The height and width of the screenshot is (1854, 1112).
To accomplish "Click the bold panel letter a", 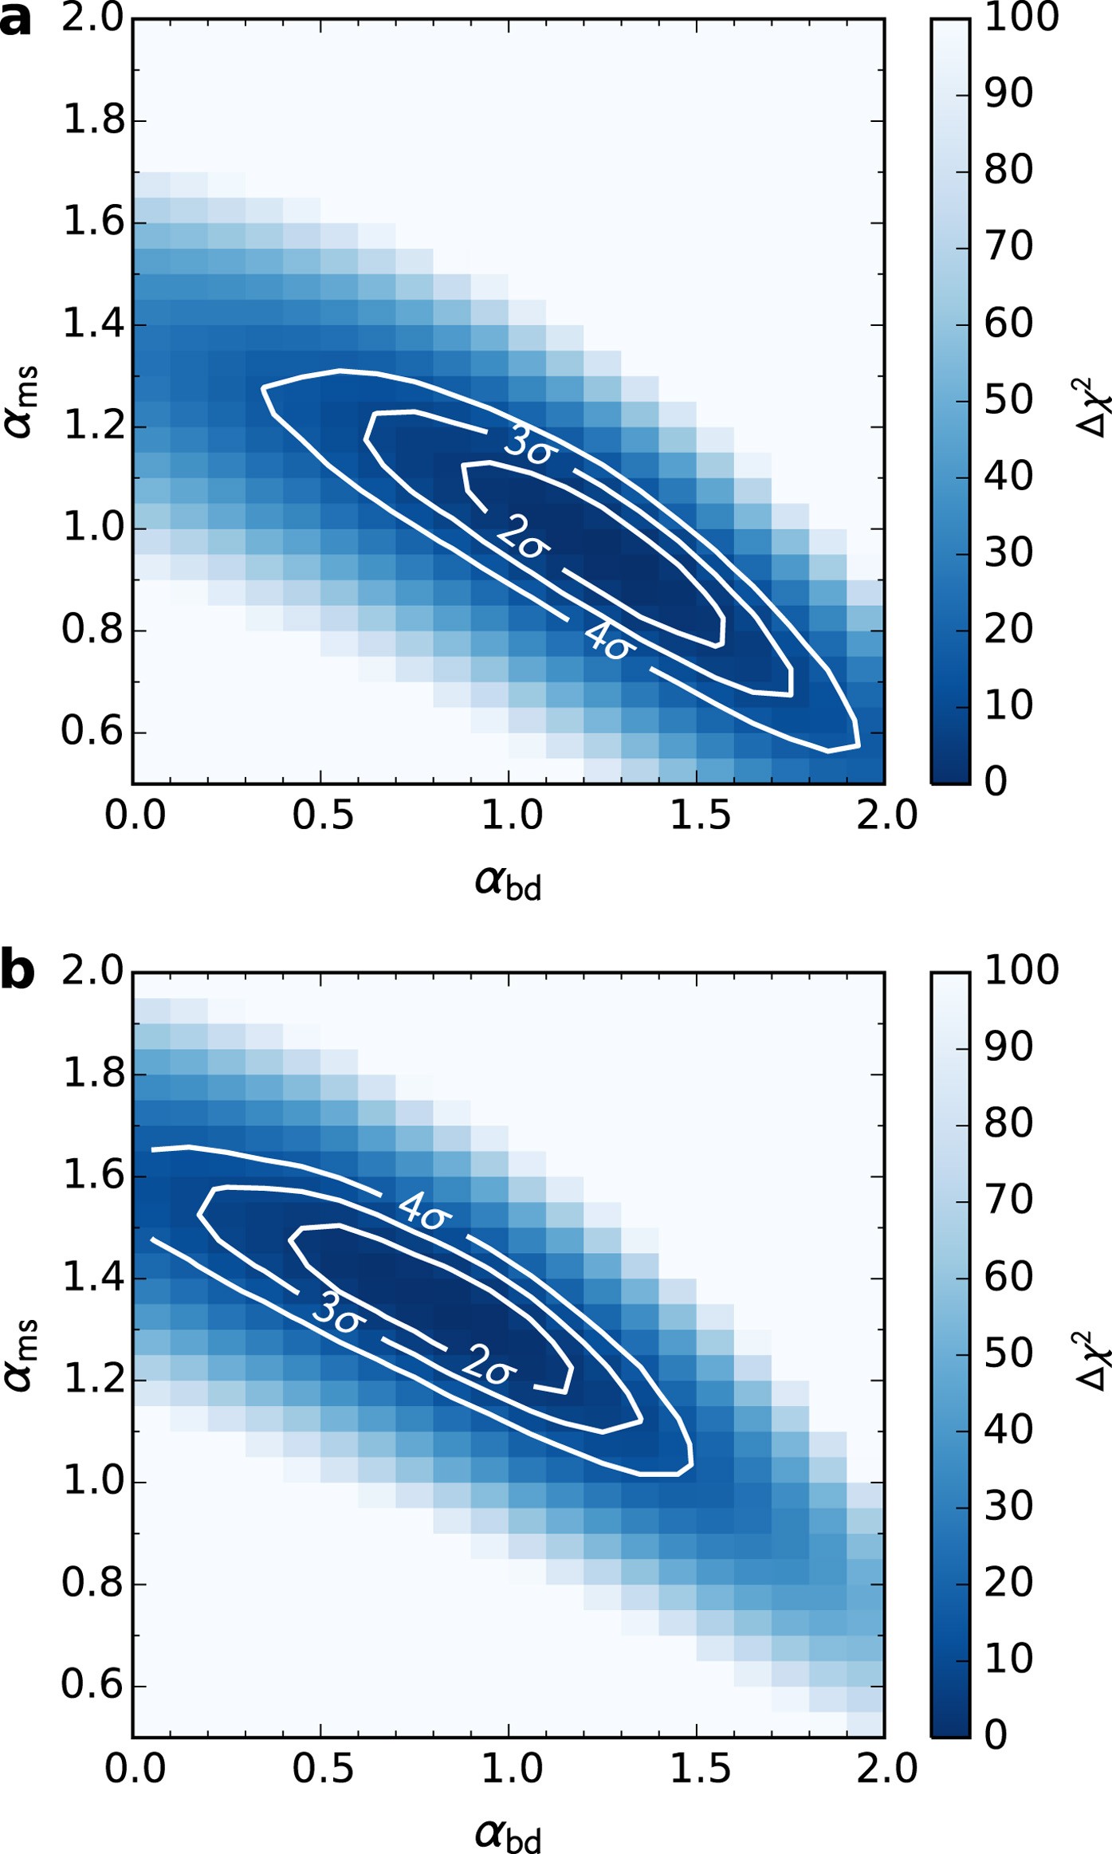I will pos(16,20).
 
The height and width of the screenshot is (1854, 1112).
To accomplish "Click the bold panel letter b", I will pos(18,971).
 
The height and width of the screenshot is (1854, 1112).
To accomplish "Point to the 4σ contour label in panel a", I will pos(610,640).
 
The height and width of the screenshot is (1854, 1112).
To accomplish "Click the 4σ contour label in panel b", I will pos(424,1210).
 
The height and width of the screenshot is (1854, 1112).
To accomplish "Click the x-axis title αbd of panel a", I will pos(508,882).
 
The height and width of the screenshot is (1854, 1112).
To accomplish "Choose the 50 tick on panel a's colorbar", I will pos(1008,400).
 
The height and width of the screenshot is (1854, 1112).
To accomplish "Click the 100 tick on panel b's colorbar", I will pos(1020,970).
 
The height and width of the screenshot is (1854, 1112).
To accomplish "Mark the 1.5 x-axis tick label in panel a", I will pos(699,815).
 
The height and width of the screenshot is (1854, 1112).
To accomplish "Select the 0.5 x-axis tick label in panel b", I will pos(322,1769).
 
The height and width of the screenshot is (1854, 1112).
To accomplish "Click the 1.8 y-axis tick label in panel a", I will pos(94,120).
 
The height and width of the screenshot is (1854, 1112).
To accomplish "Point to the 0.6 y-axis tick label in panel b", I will pos(93,1685).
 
